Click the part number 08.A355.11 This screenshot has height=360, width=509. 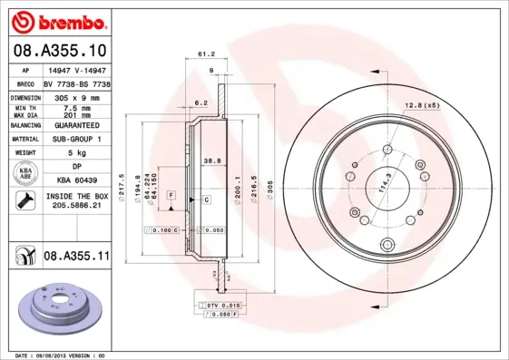[x=76, y=257]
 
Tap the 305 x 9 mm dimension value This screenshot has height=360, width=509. [x=76, y=96]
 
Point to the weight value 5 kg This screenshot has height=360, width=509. [x=76, y=154]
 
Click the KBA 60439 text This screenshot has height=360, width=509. [x=76, y=180]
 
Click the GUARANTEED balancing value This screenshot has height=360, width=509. [x=76, y=125]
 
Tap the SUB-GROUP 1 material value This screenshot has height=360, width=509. [x=76, y=140]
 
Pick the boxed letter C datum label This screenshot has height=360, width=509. [x=206, y=199]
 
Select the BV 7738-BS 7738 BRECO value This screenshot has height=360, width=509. [x=76, y=83]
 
